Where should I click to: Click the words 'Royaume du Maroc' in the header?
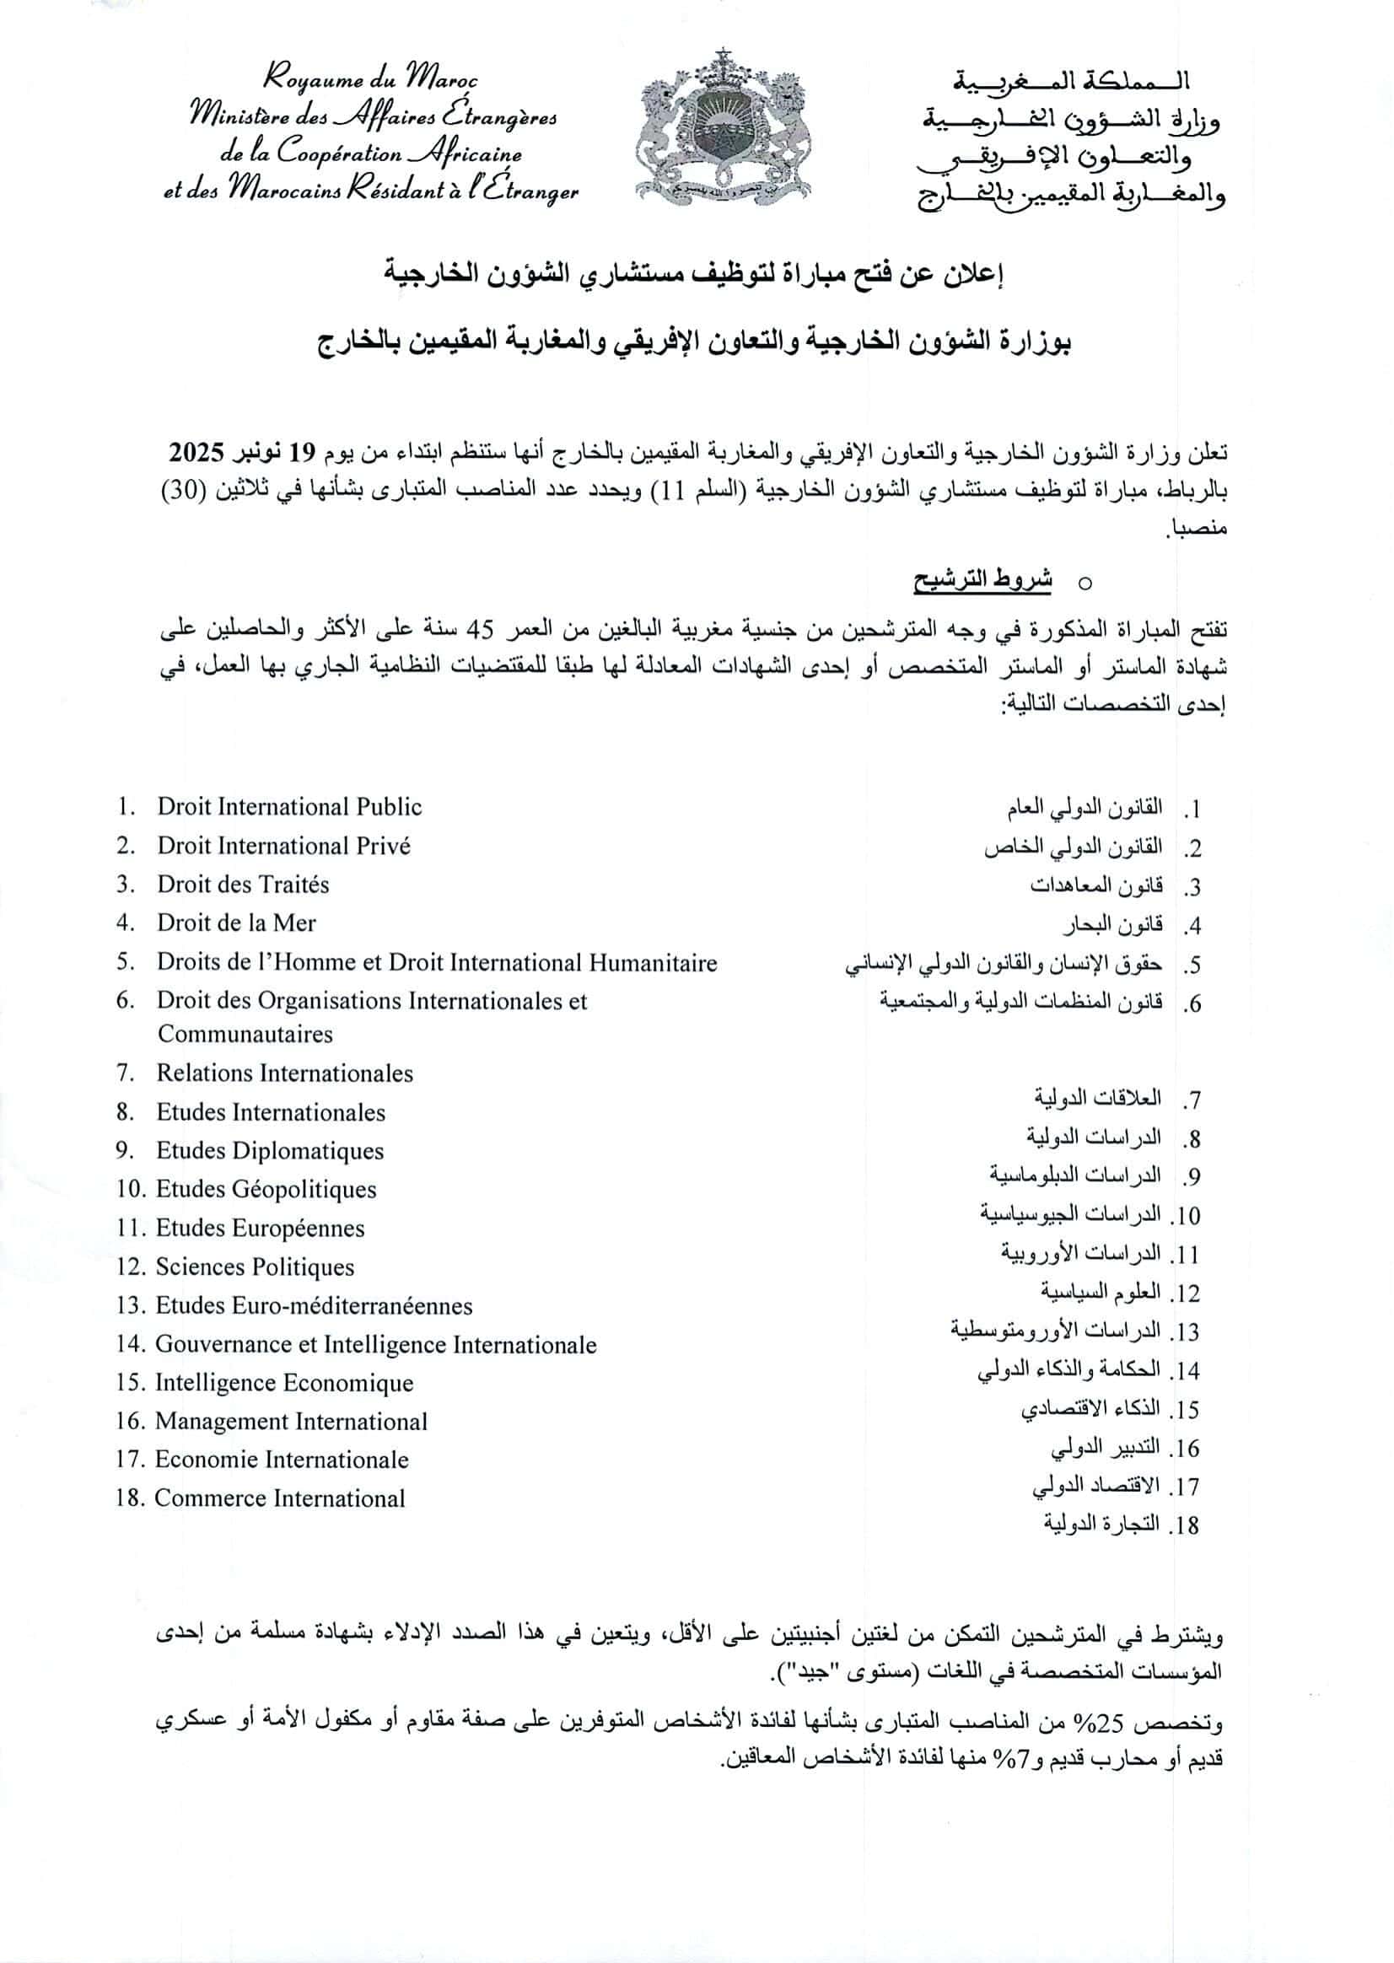(370, 80)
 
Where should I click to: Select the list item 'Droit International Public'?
(289, 807)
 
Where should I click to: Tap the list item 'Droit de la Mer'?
(236, 922)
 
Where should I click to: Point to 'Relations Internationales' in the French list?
(284, 1073)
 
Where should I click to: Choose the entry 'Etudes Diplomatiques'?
(270, 1150)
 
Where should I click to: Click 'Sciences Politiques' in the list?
(255, 1267)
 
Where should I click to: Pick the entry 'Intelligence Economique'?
(284, 1383)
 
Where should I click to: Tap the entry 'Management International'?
(291, 1422)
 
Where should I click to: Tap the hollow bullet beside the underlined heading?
(1085, 584)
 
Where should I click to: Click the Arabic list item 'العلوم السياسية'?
(1101, 1292)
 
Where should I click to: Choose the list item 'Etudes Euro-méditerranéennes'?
(315, 1305)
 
